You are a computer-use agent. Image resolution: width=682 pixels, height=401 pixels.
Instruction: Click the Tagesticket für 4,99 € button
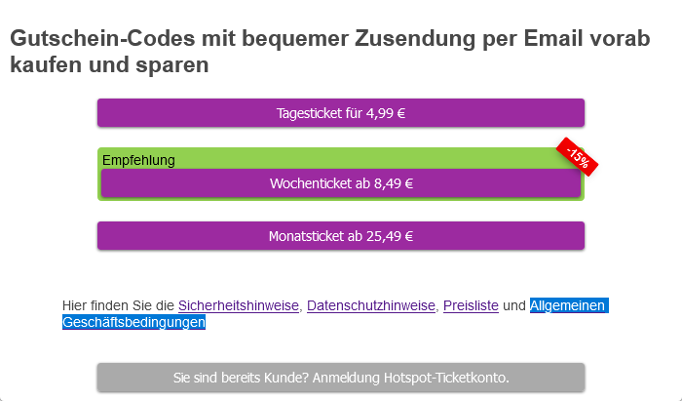click(340, 112)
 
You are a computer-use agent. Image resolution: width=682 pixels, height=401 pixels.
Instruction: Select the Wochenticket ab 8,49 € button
click(340, 182)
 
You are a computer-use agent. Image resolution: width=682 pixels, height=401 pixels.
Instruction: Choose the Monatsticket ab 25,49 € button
click(340, 235)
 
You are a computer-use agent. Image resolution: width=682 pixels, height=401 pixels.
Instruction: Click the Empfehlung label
click(138, 160)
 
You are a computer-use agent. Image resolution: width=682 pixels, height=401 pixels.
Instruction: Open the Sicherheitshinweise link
click(238, 305)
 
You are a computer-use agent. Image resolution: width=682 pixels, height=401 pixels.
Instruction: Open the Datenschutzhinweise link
click(371, 305)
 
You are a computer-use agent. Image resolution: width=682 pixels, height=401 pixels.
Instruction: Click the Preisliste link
click(471, 305)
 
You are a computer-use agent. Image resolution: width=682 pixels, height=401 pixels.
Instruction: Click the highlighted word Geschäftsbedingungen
click(133, 322)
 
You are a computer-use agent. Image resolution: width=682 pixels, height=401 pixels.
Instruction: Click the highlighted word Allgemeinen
click(569, 305)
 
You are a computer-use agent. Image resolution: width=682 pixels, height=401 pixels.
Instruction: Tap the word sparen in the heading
click(174, 66)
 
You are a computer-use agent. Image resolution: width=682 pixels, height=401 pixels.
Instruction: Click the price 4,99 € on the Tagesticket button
click(386, 112)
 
